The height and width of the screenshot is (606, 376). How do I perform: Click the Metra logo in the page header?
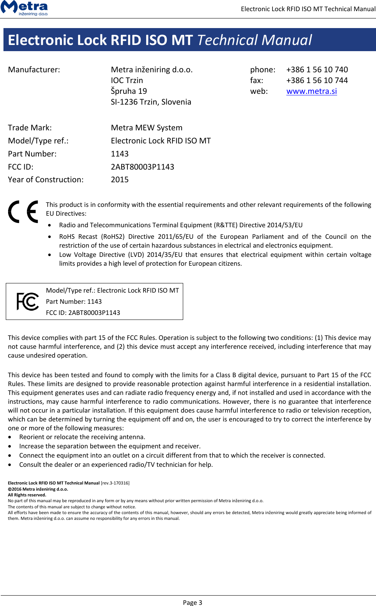[24, 8]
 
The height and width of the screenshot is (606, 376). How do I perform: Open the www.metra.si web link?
[311, 91]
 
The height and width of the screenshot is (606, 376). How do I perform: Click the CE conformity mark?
[23, 211]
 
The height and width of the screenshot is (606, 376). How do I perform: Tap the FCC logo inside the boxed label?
[28, 301]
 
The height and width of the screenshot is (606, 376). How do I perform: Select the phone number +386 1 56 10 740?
[317, 70]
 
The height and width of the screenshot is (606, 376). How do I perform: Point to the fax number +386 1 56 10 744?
[317, 80]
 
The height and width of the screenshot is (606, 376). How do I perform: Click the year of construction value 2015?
[120, 180]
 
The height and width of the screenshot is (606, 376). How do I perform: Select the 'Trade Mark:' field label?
[30, 128]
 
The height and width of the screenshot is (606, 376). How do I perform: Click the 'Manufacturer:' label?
[34, 70]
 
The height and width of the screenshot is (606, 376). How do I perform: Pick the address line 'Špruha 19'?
[129, 91]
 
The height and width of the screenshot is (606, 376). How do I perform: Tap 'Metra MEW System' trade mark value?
[147, 128]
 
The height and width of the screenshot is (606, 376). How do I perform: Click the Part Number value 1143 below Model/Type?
[120, 154]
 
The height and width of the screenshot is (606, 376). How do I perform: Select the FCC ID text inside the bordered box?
[83, 313]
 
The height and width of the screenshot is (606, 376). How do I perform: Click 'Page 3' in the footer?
[192, 603]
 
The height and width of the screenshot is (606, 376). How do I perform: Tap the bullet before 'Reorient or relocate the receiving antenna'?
[10, 437]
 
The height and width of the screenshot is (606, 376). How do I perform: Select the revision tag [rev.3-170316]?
[115, 483]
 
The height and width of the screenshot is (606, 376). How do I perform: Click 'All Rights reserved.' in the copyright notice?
[27, 495]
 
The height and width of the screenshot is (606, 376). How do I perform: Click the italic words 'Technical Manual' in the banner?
[254, 40]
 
